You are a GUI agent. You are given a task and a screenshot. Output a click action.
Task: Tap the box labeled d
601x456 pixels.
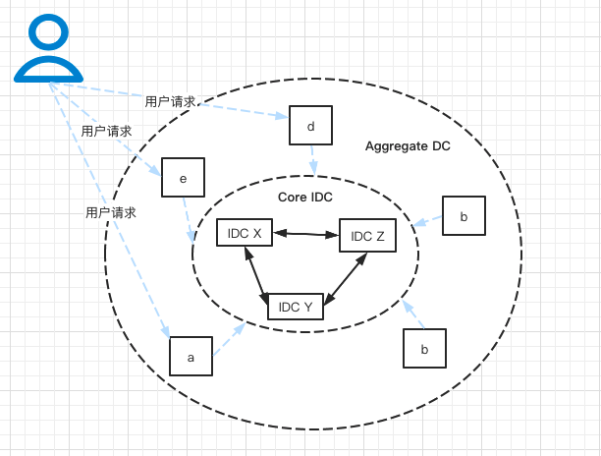coord(310,126)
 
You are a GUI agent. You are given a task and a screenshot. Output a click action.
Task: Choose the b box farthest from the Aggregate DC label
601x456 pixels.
coord(424,349)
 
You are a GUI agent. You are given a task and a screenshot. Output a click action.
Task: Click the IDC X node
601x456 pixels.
coord(244,233)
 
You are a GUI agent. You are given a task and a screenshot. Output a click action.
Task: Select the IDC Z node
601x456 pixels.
coord(367,236)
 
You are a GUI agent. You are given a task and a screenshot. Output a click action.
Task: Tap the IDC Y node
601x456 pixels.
coord(296,307)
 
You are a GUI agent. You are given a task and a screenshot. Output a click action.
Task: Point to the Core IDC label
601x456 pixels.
coord(305,198)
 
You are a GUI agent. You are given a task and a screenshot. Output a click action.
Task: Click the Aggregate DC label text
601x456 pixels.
coord(408,146)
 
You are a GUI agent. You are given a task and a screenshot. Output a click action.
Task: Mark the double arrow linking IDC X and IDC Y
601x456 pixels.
coord(257,271)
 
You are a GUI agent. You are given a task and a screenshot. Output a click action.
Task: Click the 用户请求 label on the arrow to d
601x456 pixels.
coord(170,101)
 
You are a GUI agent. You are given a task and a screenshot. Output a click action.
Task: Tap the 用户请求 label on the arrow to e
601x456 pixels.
coord(107,131)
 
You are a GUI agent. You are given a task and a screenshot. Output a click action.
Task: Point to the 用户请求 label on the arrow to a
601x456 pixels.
coord(110,212)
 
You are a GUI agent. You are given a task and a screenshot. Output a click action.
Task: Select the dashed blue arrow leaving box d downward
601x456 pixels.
coord(313,159)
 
